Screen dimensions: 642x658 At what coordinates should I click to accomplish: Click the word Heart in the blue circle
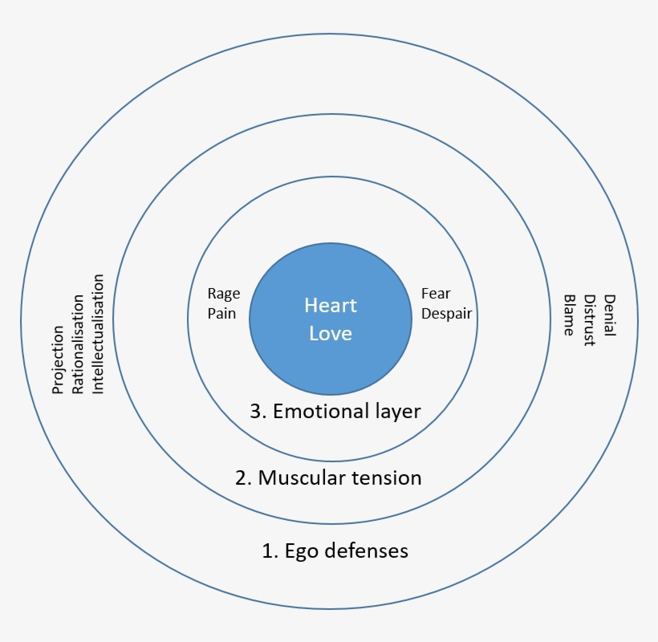(x=330, y=306)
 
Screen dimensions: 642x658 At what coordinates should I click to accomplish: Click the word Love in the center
(x=330, y=332)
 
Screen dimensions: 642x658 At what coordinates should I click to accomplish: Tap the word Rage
(x=223, y=295)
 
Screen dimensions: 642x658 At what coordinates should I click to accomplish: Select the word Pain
(x=221, y=313)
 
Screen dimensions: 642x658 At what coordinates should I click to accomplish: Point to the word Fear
(x=435, y=295)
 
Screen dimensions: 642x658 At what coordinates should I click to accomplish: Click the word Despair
(x=446, y=313)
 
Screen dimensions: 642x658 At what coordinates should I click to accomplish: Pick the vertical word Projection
(x=58, y=359)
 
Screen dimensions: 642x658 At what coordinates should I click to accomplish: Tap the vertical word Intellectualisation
(x=98, y=334)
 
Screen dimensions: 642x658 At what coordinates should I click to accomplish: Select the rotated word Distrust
(x=589, y=319)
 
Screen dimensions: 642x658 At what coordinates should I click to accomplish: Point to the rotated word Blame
(x=569, y=315)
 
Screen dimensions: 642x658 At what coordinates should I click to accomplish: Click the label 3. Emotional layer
(x=335, y=412)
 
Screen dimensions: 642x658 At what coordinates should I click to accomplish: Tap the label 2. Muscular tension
(x=328, y=478)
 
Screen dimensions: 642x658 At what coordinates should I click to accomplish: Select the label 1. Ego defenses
(x=335, y=551)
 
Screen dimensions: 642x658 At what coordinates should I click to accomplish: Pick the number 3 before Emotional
(x=256, y=412)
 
